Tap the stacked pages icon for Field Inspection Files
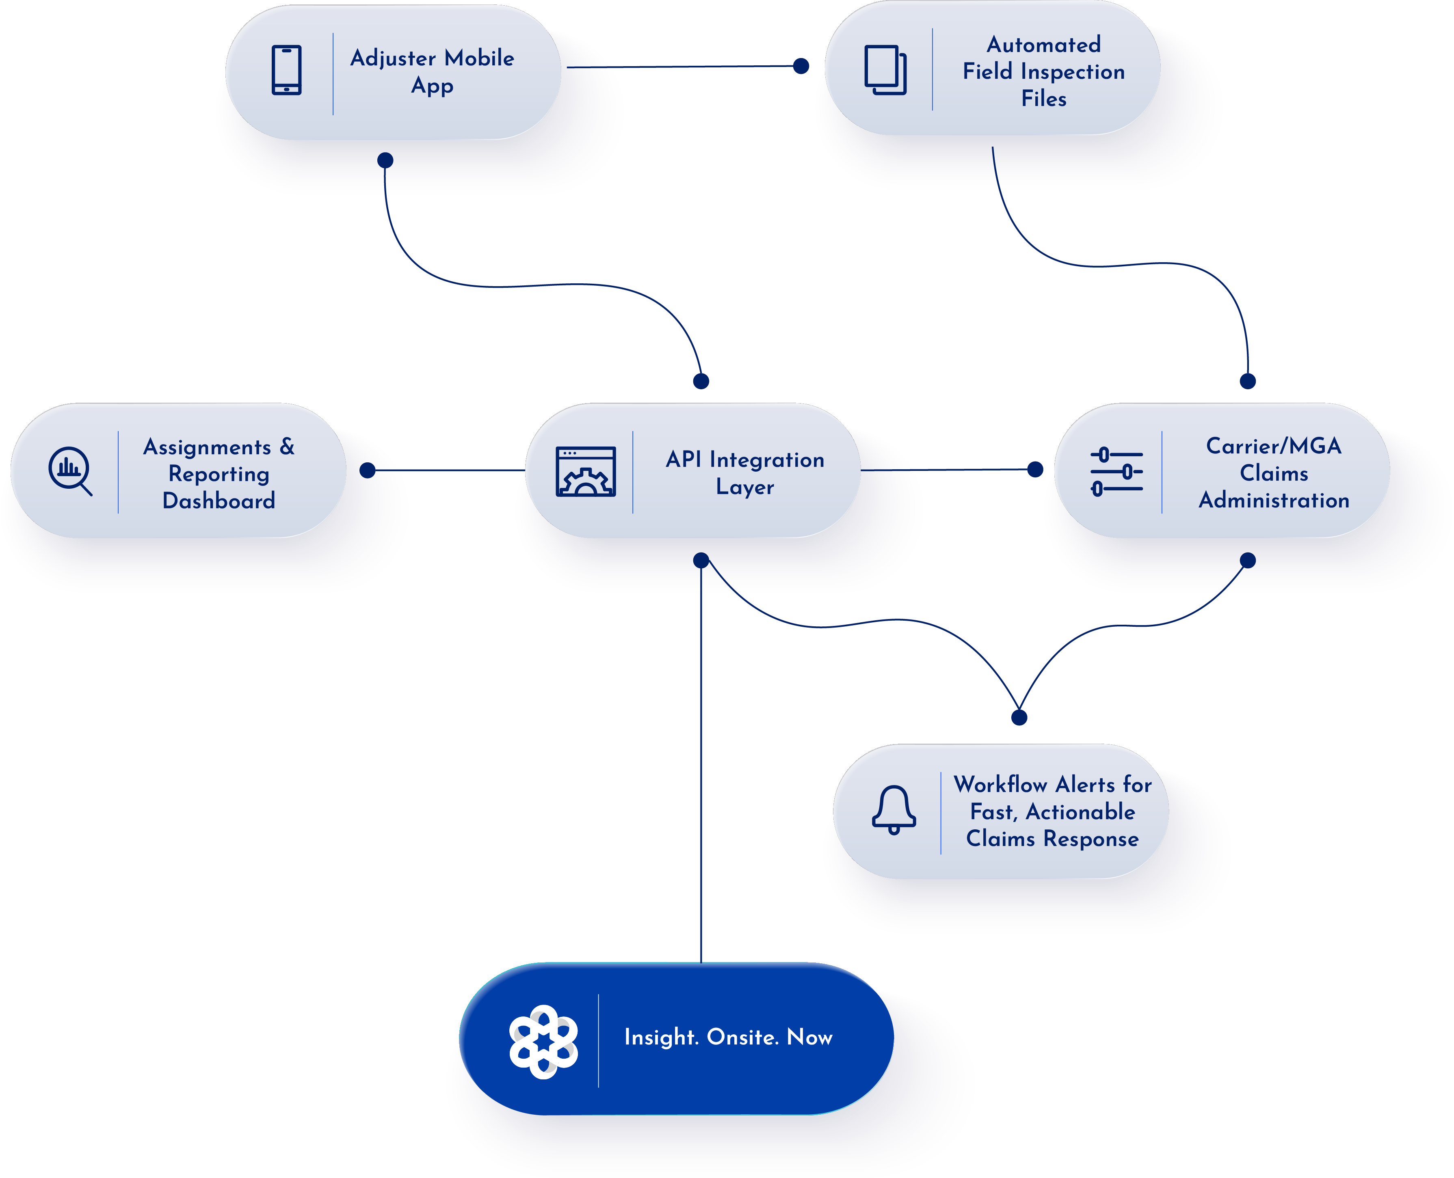point(885,70)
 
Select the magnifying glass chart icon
point(70,470)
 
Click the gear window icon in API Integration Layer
point(586,472)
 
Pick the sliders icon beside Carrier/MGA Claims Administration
point(1116,472)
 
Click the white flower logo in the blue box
point(543,1042)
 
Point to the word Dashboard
point(219,501)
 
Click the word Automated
point(1043,45)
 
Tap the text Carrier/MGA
point(1273,446)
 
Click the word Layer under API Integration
point(744,487)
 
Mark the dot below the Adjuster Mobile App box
point(385,160)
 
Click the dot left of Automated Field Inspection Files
point(801,66)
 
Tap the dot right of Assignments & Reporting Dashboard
point(367,470)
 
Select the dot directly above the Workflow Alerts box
point(1019,717)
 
